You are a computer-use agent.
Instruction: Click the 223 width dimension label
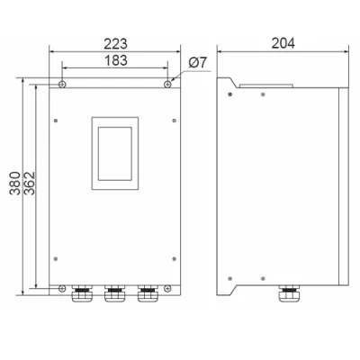(x=115, y=44)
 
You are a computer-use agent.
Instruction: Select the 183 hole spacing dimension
(x=116, y=60)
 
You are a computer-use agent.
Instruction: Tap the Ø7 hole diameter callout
(x=198, y=63)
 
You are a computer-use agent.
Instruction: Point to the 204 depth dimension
(x=283, y=43)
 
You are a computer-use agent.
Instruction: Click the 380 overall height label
(x=14, y=184)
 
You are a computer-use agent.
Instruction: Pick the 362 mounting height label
(x=30, y=184)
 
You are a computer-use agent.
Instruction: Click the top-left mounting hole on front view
(x=62, y=84)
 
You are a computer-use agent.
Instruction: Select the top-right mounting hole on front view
(x=167, y=84)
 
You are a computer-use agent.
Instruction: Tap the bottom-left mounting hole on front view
(x=62, y=289)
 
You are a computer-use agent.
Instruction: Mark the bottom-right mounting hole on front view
(x=167, y=289)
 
